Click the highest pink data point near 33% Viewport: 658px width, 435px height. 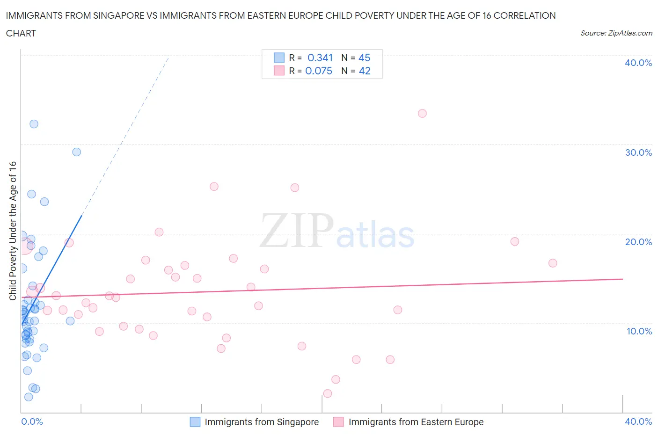coord(422,113)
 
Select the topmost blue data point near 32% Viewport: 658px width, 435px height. coord(34,124)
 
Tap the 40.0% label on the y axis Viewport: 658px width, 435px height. coord(638,63)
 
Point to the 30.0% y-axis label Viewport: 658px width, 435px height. coord(638,152)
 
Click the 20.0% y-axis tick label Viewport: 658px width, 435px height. coord(638,242)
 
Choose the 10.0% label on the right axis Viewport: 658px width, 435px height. coord(639,331)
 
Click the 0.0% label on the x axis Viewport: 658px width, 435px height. coord(32,421)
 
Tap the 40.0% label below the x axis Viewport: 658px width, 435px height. coord(638,421)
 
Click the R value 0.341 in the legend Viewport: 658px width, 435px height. coord(320,58)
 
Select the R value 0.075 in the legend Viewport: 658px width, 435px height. coord(319,71)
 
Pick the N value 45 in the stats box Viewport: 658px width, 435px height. coord(364,58)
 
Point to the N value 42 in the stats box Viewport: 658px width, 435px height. coord(365,71)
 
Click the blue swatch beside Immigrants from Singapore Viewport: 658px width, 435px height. coord(195,422)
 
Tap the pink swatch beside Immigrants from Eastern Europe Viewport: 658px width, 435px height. coord(338,422)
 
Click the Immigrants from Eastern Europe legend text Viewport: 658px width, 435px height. coord(416,422)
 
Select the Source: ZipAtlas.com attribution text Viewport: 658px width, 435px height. coord(616,33)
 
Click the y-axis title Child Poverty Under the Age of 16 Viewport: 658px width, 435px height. coord(13,231)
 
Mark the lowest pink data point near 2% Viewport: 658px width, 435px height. coord(328,393)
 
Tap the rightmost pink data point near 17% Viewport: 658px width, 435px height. coord(553,263)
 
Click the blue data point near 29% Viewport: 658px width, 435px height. coord(77,152)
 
